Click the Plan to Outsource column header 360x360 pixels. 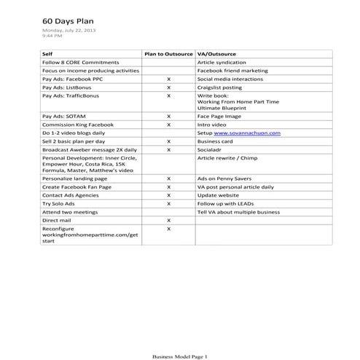(168, 55)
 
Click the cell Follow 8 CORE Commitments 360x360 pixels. (79, 63)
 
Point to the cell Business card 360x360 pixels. (217, 141)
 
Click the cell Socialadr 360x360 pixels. (212, 149)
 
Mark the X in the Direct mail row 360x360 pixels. (168, 219)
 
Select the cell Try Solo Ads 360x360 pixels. (62, 203)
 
